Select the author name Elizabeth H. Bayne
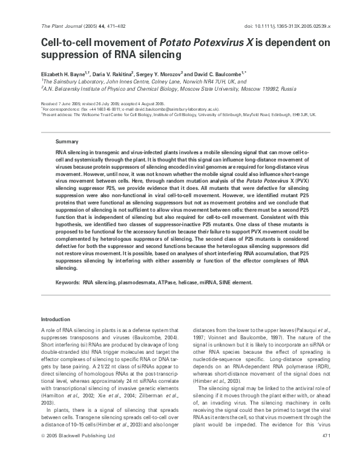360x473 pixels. click(x=63, y=73)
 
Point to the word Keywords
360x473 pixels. click(x=68, y=282)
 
